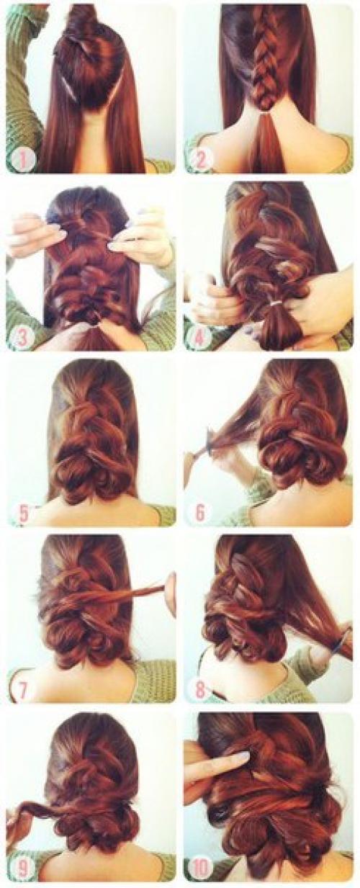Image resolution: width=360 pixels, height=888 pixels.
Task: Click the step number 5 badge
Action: coord(24,514)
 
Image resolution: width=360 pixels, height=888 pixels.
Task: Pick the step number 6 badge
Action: coord(201,514)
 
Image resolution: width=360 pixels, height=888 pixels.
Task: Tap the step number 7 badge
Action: coord(24,691)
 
